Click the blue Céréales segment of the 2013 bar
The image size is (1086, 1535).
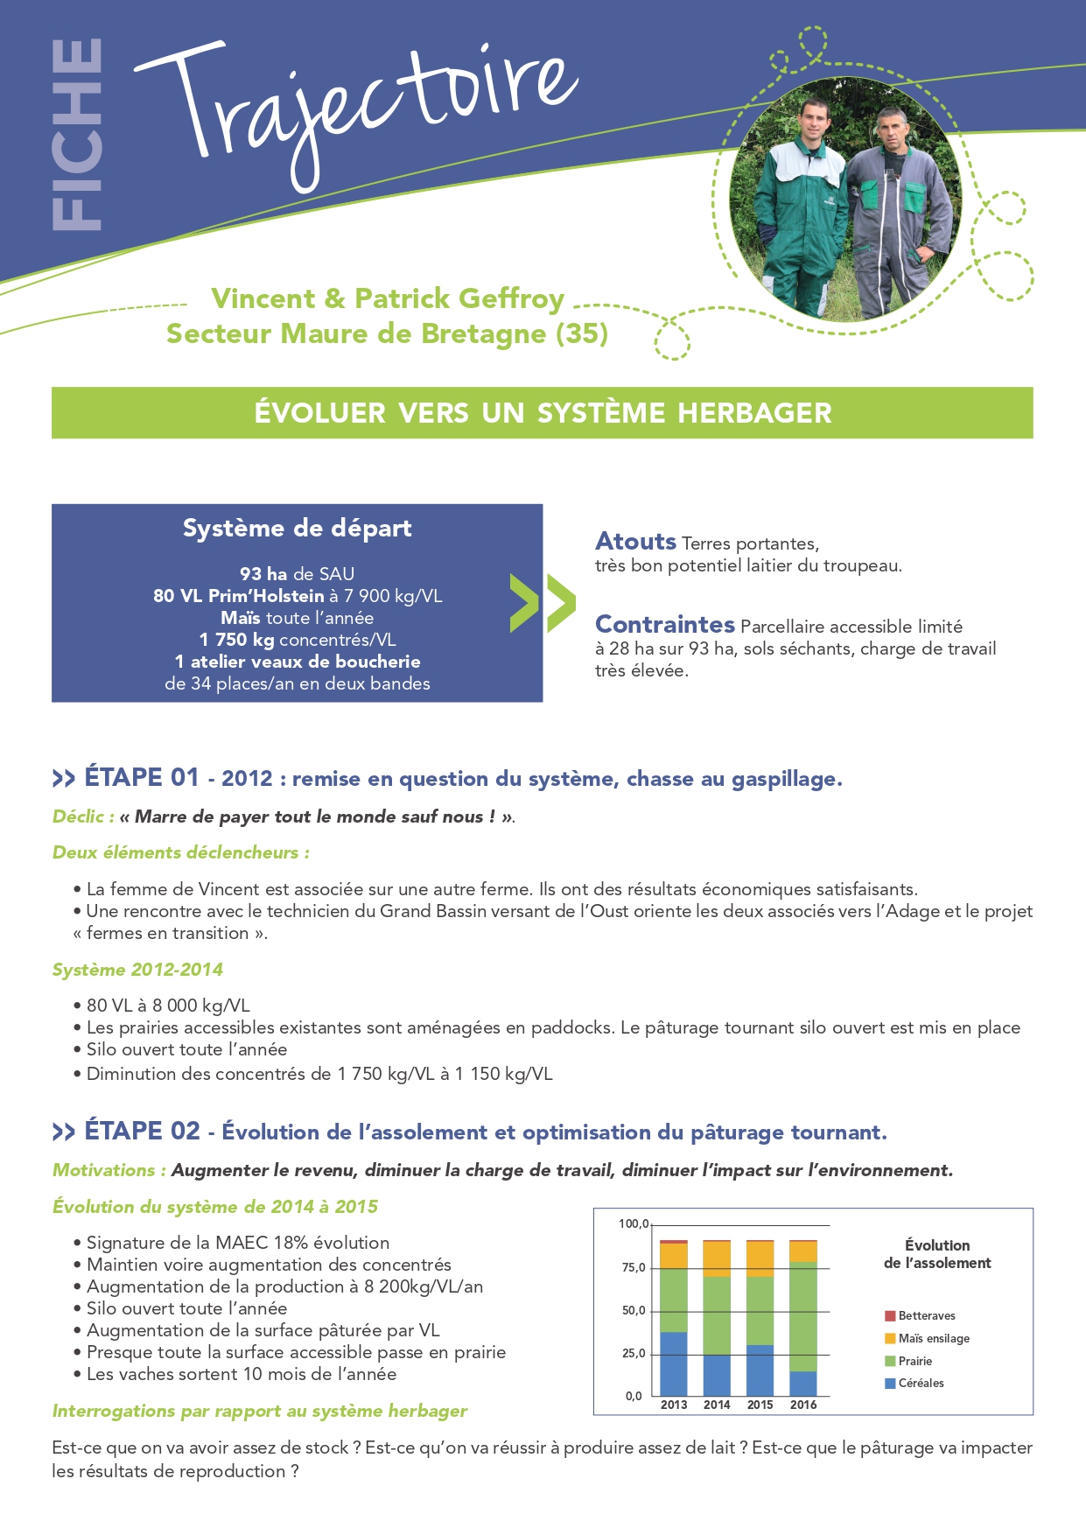pyautogui.click(x=673, y=1363)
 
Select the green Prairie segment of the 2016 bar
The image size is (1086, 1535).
pyautogui.click(x=802, y=1315)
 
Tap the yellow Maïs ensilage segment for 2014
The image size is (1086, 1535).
pyautogui.click(x=716, y=1258)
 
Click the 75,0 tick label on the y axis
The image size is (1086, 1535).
pyautogui.click(x=634, y=1267)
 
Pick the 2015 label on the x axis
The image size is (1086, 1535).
pyautogui.click(x=760, y=1405)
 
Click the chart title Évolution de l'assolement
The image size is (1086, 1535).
pyautogui.click(x=937, y=1254)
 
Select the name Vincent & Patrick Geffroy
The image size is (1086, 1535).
pyautogui.click(x=388, y=298)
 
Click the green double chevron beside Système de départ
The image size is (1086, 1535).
pyautogui.click(x=543, y=603)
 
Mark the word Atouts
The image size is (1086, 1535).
pyautogui.click(x=635, y=541)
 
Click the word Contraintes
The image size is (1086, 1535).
pyautogui.click(x=664, y=624)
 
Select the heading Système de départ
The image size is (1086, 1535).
pyautogui.click(x=297, y=528)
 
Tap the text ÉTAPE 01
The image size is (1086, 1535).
pyautogui.click(x=142, y=777)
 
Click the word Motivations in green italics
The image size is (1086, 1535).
pyautogui.click(x=104, y=1170)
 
